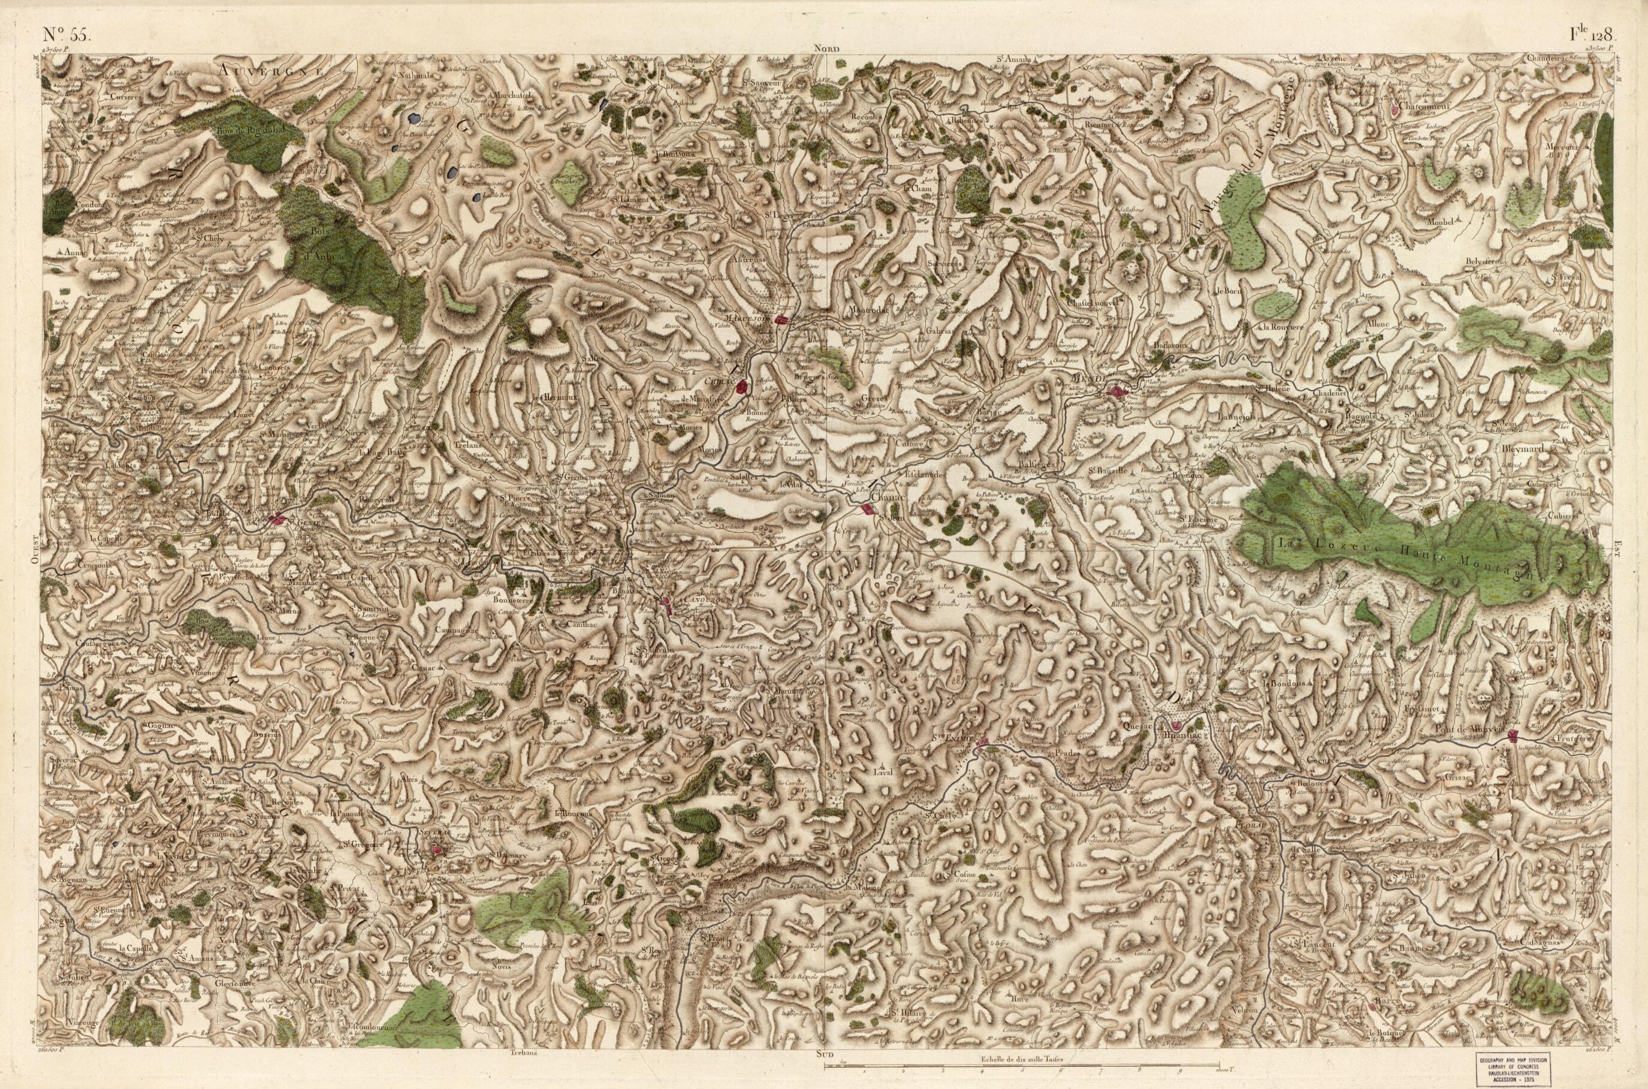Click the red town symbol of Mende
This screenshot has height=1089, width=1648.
click(x=1118, y=393)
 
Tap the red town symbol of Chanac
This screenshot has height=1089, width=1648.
click(x=866, y=509)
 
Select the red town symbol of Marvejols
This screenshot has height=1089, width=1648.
click(x=782, y=319)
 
